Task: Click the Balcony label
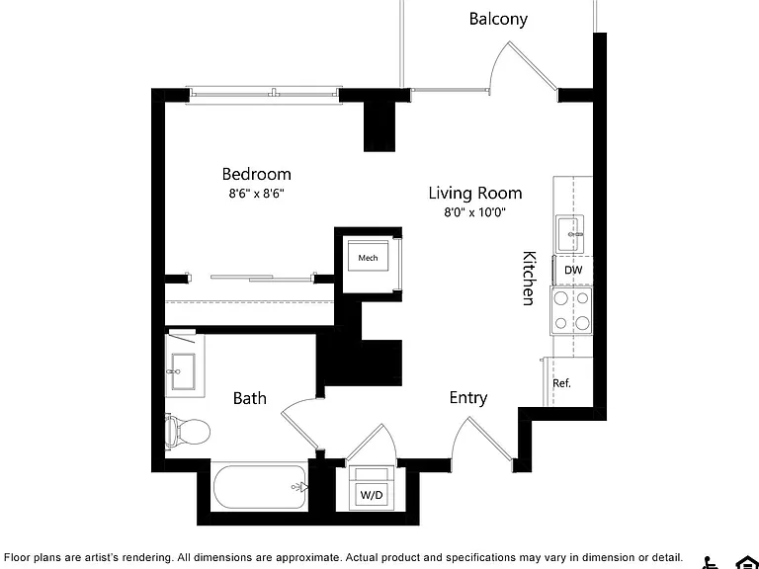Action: [x=498, y=20]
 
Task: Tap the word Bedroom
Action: [x=257, y=174]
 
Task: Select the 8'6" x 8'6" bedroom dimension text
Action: [x=257, y=194]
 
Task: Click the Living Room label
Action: [x=475, y=193]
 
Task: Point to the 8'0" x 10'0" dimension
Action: [x=475, y=212]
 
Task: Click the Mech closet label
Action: [x=368, y=258]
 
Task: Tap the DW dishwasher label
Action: [x=573, y=270]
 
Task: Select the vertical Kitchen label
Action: [x=529, y=279]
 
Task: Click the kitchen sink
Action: [x=569, y=234]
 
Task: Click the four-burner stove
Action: [x=571, y=310]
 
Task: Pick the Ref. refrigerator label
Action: [x=562, y=383]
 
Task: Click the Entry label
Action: [x=468, y=398]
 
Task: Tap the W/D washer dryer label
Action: [x=372, y=495]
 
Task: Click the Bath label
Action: [x=250, y=398]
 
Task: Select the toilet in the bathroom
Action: [x=187, y=430]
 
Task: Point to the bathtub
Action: [x=260, y=487]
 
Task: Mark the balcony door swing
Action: [x=523, y=66]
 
